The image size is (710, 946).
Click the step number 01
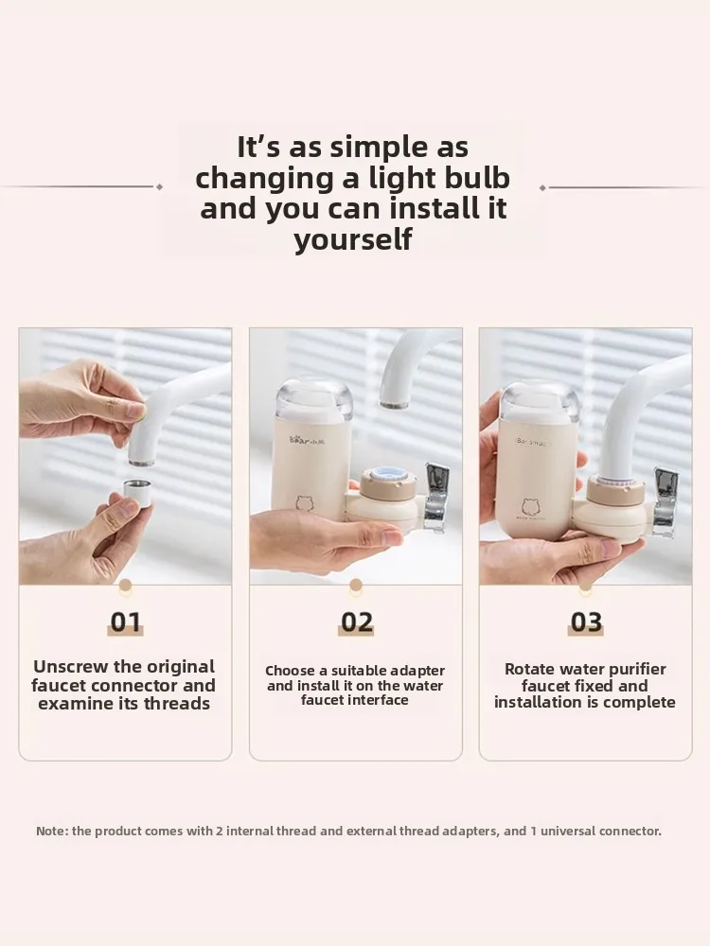pyautogui.click(x=126, y=622)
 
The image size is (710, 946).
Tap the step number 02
pyautogui.click(x=356, y=622)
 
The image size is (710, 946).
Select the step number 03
pyautogui.click(x=586, y=622)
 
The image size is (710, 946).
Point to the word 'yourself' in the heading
pyautogui.click(x=353, y=239)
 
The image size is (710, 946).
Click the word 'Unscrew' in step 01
pyautogui.click(x=71, y=667)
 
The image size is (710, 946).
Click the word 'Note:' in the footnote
pyautogui.click(x=52, y=831)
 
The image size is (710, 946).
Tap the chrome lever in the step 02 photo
pyautogui.click(x=435, y=495)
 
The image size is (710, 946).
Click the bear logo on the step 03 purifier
pyautogui.click(x=531, y=507)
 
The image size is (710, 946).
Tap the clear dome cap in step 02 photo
pyautogui.click(x=313, y=399)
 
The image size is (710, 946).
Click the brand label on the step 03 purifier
pyautogui.click(x=532, y=443)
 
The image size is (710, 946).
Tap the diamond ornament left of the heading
pyautogui.click(x=159, y=187)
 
